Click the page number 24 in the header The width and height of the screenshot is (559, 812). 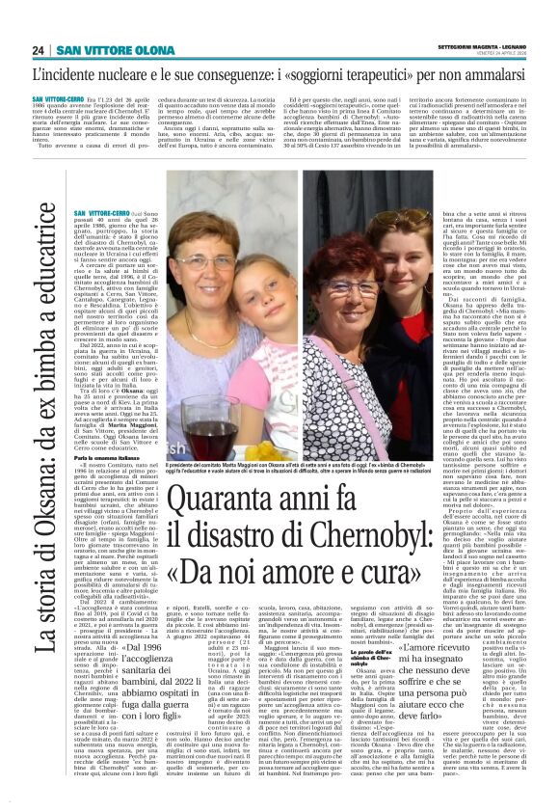[38, 50]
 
